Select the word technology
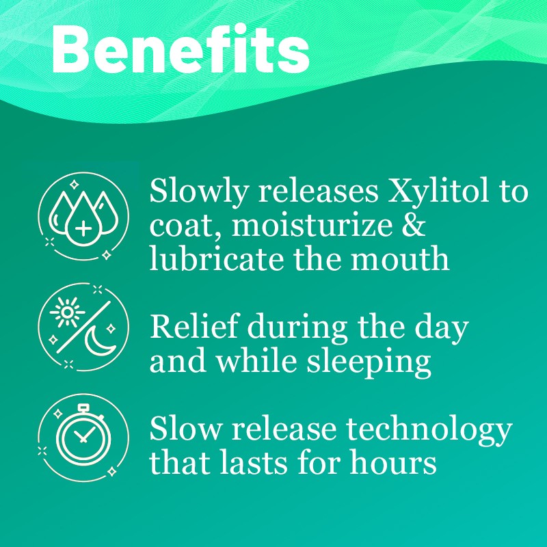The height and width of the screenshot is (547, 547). pos(429,429)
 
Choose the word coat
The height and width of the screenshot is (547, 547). pos(178,226)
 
